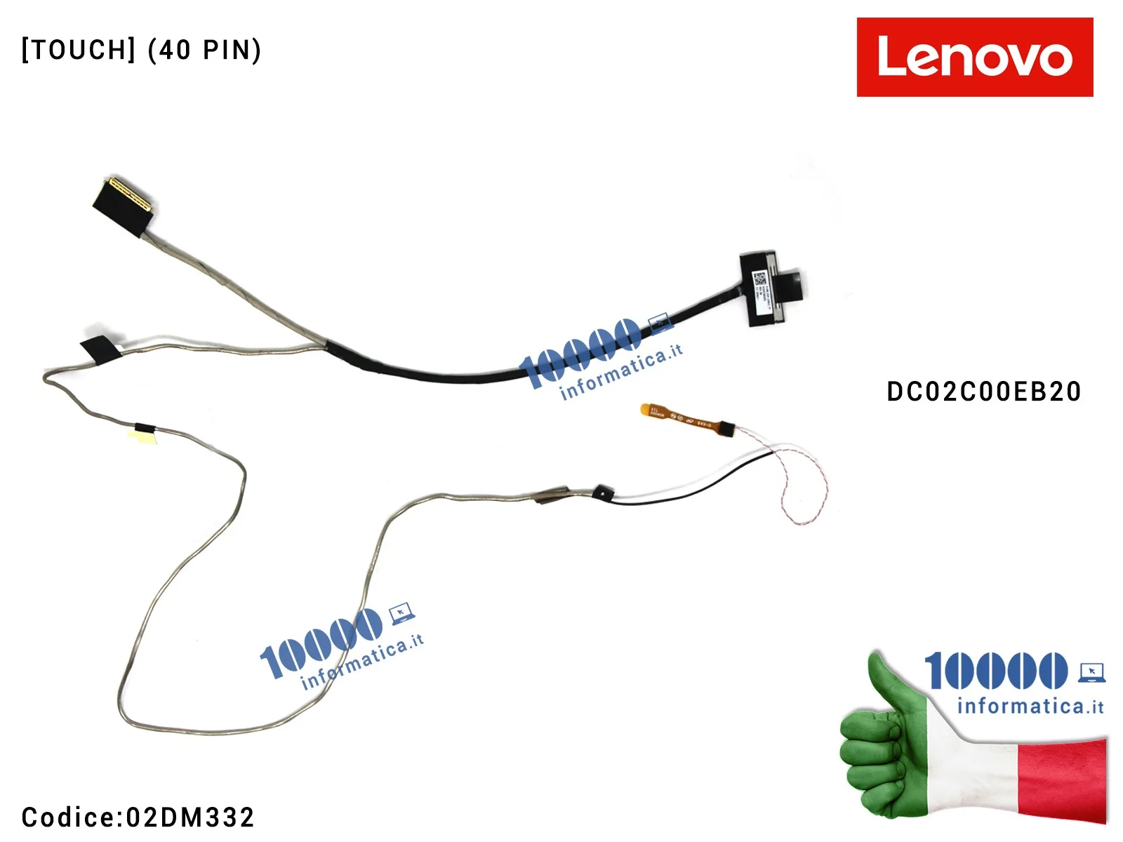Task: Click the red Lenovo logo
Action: click(x=974, y=57)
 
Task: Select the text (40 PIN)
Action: click(x=204, y=50)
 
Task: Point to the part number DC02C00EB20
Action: click(x=983, y=392)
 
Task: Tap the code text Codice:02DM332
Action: click(x=138, y=817)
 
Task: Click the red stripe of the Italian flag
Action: click(x=1063, y=779)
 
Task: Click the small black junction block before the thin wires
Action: click(x=601, y=491)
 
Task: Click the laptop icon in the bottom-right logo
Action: click(x=1091, y=671)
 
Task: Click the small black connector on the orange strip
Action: click(x=726, y=427)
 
